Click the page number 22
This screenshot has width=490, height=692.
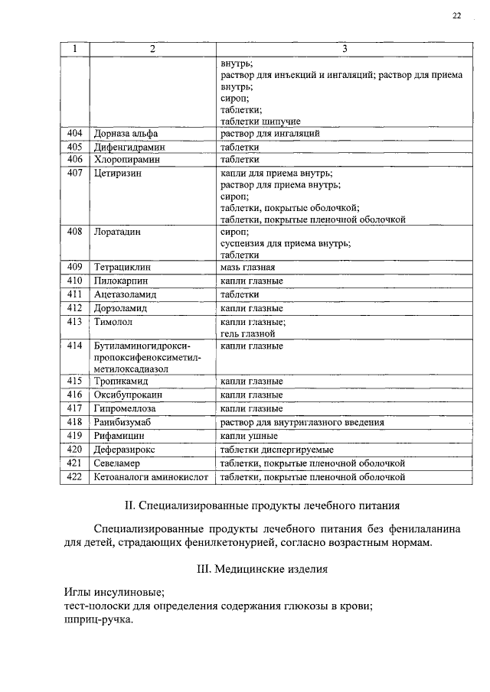[457, 15]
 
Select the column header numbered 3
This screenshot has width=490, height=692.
[345, 50]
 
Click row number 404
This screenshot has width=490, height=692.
[75, 133]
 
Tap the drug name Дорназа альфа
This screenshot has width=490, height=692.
[126, 133]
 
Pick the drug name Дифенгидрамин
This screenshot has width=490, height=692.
[129, 147]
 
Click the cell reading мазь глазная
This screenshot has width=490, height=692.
[247, 268]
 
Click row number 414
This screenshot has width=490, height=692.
[75, 346]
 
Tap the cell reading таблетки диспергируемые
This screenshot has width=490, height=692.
[276, 450]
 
